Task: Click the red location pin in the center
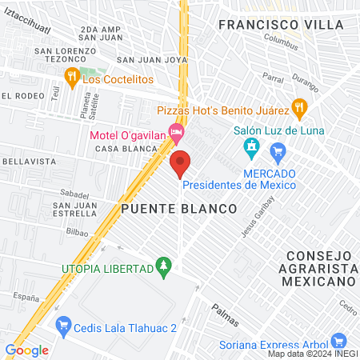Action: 180,163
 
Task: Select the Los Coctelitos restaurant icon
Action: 71,76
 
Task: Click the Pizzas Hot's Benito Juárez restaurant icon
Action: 298,106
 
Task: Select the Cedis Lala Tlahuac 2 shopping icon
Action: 63,324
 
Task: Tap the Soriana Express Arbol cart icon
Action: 338,341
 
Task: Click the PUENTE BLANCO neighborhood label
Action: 179,208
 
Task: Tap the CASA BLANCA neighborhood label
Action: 119,149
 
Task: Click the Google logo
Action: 26,350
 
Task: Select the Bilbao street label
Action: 78,230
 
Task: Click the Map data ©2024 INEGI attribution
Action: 313,354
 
